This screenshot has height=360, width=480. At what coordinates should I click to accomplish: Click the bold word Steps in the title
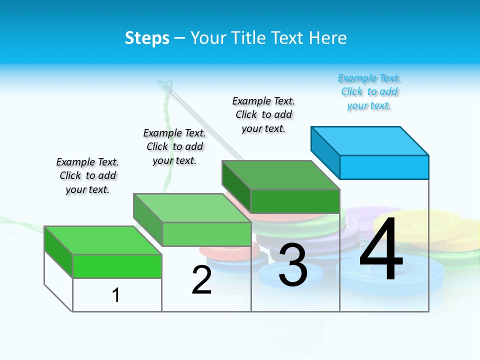click(147, 38)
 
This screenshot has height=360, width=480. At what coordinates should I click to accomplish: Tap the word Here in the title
click(328, 38)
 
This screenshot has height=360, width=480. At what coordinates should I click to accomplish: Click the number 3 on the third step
click(293, 265)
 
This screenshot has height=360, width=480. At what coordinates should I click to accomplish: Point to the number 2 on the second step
click(202, 280)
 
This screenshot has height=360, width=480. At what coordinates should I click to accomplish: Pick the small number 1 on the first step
click(116, 295)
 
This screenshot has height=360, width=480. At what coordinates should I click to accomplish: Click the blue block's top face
click(370, 140)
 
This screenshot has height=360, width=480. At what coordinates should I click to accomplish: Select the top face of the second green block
click(192, 207)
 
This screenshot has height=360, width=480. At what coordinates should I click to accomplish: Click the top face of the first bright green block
click(103, 240)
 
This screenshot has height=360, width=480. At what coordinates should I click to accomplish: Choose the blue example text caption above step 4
click(369, 92)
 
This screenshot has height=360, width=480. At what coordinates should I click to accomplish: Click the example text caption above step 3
click(263, 114)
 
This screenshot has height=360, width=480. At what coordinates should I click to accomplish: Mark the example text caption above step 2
click(174, 146)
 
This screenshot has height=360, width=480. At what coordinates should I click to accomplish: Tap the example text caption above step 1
click(87, 175)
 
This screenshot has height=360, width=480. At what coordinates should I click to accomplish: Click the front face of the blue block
click(384, 167)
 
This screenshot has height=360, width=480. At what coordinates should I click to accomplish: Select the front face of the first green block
click(117, 266)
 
